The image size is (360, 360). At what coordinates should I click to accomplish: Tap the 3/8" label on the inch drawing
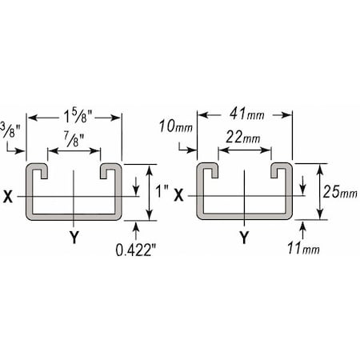[10, 130]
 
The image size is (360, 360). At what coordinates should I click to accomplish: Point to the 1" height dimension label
[162, 191]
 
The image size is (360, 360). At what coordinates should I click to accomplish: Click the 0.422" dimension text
[136, 250]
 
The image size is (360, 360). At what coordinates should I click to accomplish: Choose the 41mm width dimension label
[247, 114]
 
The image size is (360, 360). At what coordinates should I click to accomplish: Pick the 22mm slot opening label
[242, 138]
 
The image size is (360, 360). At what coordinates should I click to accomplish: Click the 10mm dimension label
[176, 126]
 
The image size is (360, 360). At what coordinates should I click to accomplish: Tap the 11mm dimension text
[303, 248]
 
